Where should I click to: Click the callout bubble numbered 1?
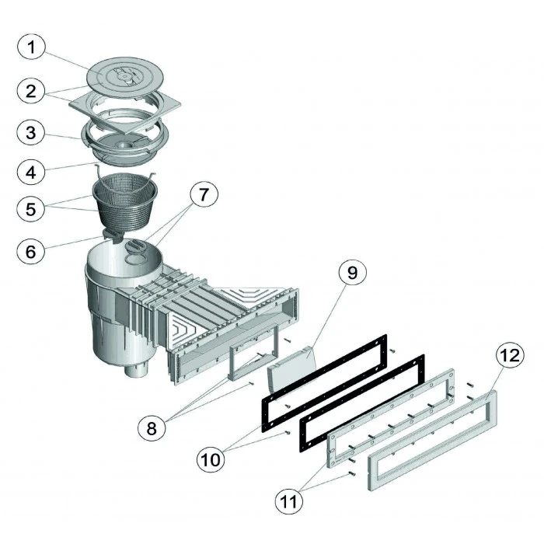pyautogui.click(x=31, y=49)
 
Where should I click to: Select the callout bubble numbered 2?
pyautogui.click(x=31, y=91)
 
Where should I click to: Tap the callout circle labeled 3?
pyautogui.click(x=31, y=132)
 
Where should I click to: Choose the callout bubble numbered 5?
pyautogui.click(x=31, y=210)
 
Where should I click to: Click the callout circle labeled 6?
pyautogui.click(x=31, y=252)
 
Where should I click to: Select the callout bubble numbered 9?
pyautogui.click(x=351, y=274)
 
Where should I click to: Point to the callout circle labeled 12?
pyautogui.click(x=508, y=357)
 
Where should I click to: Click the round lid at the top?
pyautogui.click(x=124, y=75)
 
